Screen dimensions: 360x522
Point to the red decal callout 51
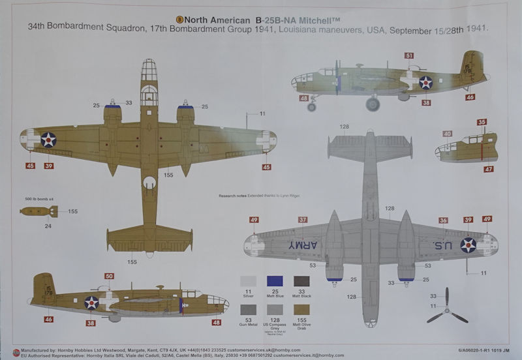click(x=409, y=56)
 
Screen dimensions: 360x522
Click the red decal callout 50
click(x=109, y=277)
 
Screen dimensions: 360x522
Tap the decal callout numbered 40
click(x=447, y=134)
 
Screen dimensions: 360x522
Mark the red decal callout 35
click(x=482, y=122)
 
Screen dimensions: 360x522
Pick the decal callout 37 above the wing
click(x=303, y=220)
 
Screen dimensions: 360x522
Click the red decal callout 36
click(x=443, y=220)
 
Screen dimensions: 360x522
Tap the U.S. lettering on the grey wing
click(x=437, y=245)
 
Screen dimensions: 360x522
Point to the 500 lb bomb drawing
click(x=38, y=211)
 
